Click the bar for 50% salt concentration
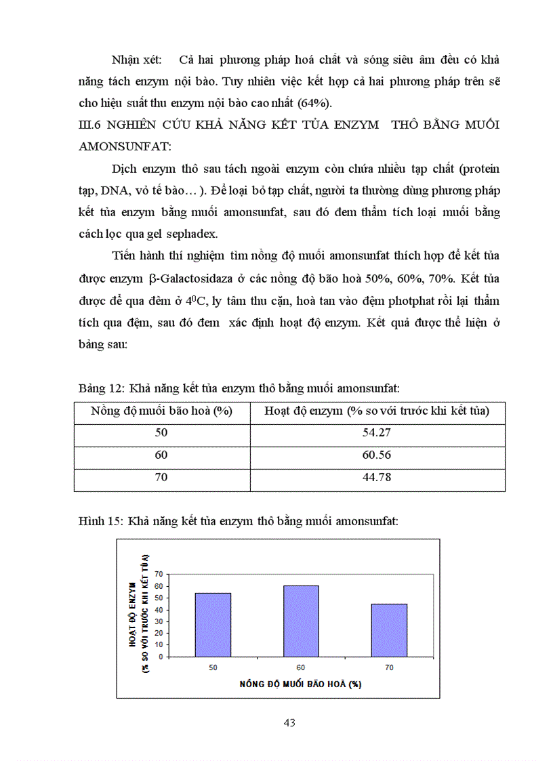[x=213, y=624]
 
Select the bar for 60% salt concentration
[x=301, y=621]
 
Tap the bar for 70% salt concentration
[x=389, y=630]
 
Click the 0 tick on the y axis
[x=160, y=657]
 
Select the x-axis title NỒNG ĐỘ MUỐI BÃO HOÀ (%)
[x=300, y=684]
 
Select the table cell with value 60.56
[x=377, y=455]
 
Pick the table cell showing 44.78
[x=377, y=478]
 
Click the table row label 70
[x=161, y=478]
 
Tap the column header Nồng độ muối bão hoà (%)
[x=161, y=411]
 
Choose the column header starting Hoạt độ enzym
[x=377, y=411]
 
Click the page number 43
[x=289, y=722]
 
